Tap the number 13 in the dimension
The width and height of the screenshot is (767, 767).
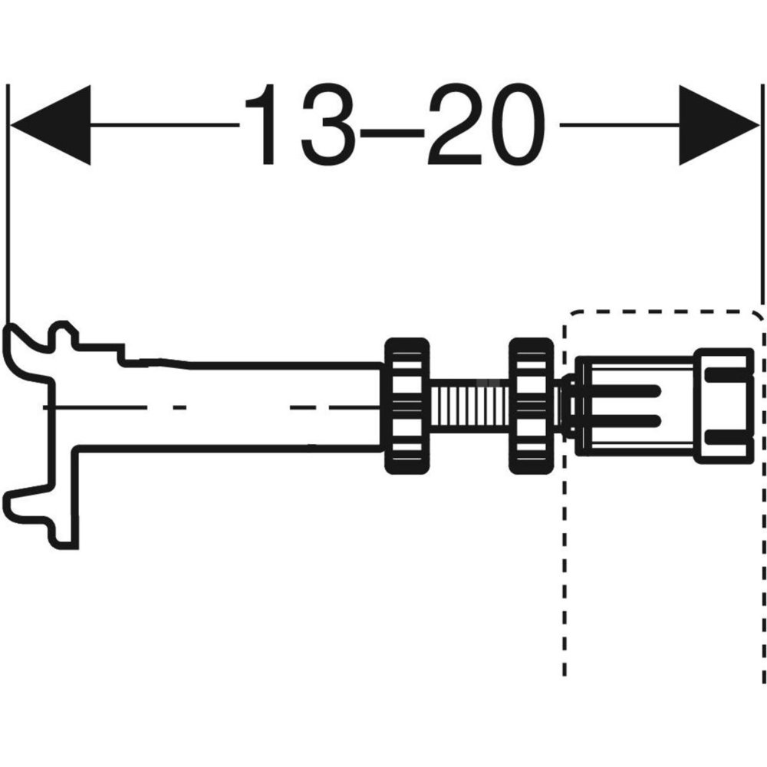[299, 124]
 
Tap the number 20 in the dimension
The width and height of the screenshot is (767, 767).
[486, 124]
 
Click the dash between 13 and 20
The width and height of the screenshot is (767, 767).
[391, 132]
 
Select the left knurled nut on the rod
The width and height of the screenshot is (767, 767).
[407, 406]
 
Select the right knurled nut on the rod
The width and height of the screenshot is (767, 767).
[532, 406]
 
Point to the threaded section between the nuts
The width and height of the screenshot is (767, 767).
[469, 406]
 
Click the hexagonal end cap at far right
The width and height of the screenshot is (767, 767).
[724, 406]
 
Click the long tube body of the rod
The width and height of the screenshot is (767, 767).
[230, 405]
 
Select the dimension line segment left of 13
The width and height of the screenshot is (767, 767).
[166, 125]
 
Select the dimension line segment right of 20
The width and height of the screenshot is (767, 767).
[619, 125]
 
